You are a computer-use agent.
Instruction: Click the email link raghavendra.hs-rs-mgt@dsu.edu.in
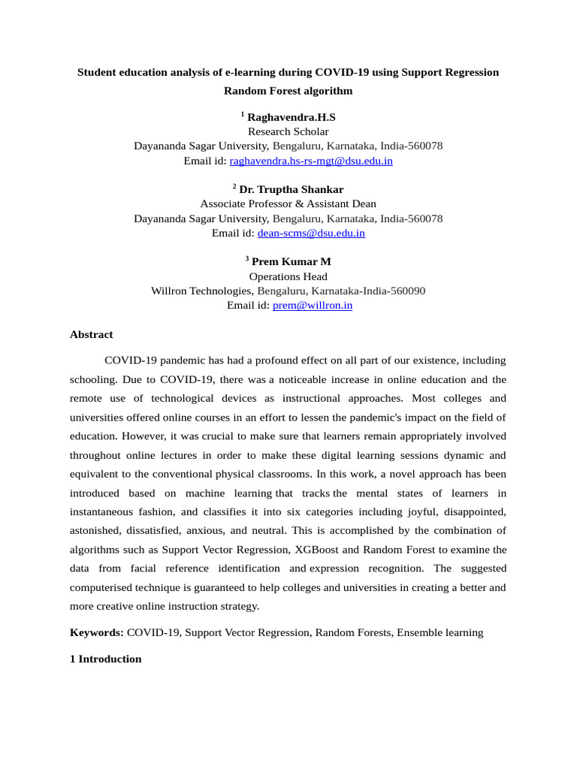pyautogui.click(x=311, y=161)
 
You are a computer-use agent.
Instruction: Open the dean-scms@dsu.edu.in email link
pyautogui.click(x=311, y=233)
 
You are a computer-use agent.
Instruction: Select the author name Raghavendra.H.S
pyautogui.click(x=292, y=117)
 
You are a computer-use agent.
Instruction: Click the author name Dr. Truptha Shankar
pyautogui.click(x=292, y=189)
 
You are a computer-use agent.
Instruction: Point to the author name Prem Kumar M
pyautogui.click(x=292, y=261)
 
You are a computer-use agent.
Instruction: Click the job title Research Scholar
pyautogui.click(x=288, y=131)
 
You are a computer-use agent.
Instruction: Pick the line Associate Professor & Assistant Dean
pyautogui.click(x=288, y=204)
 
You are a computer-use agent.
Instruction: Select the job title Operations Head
pyautogui.click(x=288, y=276)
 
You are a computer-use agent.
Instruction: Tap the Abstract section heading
pyautogui.click(x=92, y=334)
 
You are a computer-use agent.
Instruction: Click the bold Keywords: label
pyautogui.click(x=97, y=632)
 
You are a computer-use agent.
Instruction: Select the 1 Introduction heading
pyautogui.click(x=105, y=659)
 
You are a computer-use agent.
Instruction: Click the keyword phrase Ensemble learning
pyautogui.click(x=440, y=632)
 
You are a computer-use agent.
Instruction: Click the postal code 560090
pyautogui.click(x=406, y=291)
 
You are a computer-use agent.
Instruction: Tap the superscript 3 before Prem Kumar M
pyautogui.click(x=247, y=258)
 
